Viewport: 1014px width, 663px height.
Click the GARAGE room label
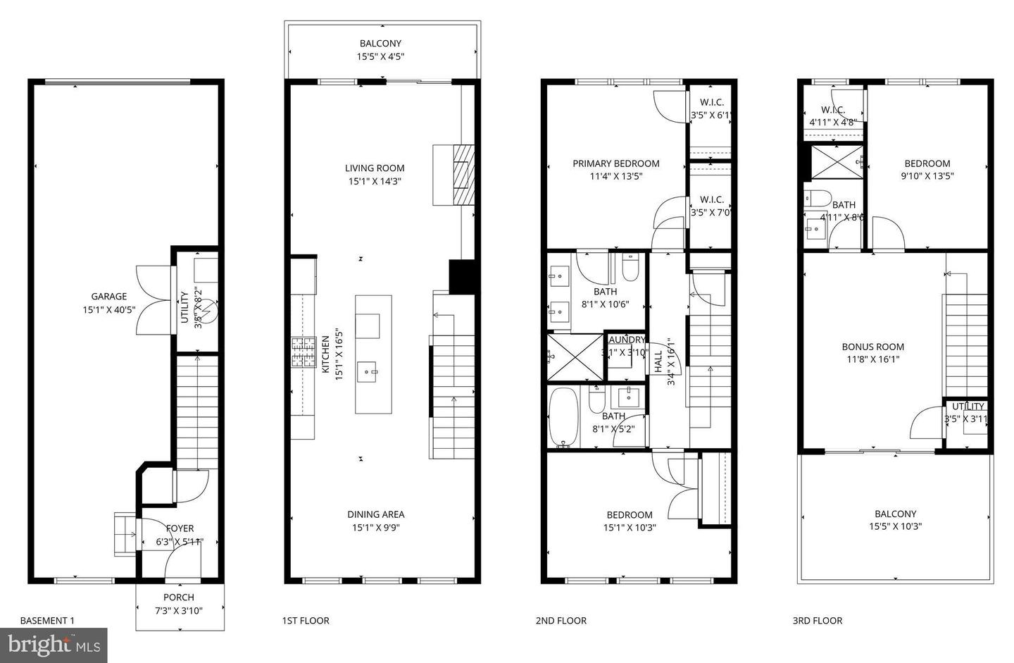click(108, 297)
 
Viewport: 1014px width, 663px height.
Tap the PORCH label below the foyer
click(179, 597)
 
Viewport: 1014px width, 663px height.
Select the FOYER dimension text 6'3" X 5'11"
click(180, 542)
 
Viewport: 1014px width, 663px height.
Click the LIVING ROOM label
click(375, 168)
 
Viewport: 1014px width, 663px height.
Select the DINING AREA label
click(375, 514)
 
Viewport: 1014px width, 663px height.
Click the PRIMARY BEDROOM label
click(615, 163)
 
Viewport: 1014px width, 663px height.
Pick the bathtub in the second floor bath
click(563, 417)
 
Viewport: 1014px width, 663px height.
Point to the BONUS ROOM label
click(872, 347)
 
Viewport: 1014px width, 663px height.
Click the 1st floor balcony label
click(380, 44)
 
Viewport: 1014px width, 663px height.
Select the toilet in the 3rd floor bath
click(818, 197)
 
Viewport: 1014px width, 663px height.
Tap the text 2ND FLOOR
click(561, 621)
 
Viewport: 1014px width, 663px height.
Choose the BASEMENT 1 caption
click(46, 621)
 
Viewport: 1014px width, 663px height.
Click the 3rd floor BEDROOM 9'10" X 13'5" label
click(927, 163)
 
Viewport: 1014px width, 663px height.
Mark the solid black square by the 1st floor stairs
click(461, 276)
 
